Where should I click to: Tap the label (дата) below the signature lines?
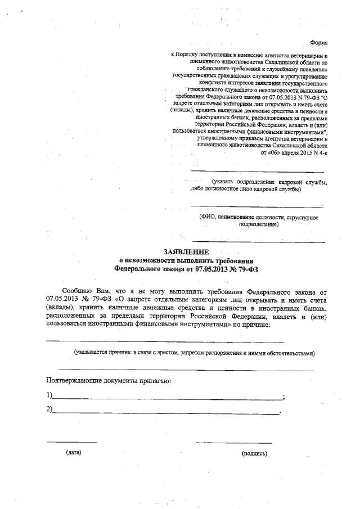[x=73, y=452]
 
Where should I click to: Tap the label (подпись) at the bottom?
[x=254, y=453]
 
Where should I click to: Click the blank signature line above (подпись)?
[x=234, y=442]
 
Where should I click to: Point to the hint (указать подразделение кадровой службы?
[x=269, y=182]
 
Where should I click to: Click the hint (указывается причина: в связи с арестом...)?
[x=195, y=353]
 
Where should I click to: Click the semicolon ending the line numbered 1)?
[x=283, y=398]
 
